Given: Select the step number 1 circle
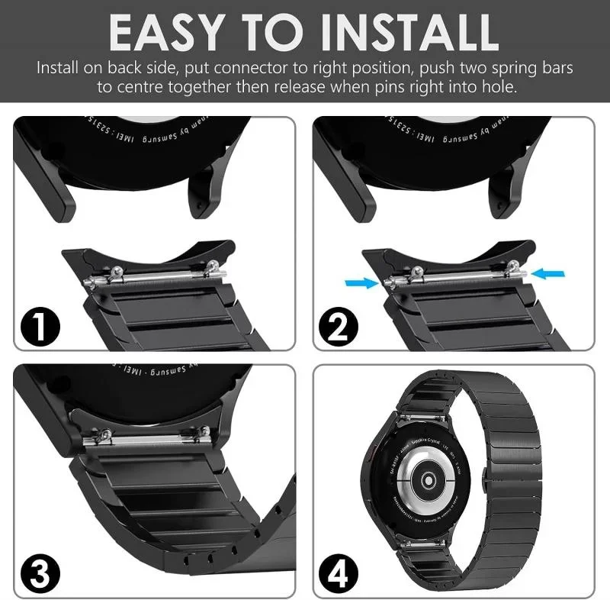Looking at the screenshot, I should (x=42, y=324).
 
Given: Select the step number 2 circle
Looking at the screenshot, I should (x=340, y=324).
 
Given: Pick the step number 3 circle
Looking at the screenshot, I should (x=42, y=569).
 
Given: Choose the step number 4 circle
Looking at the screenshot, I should (x=340, y=569).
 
